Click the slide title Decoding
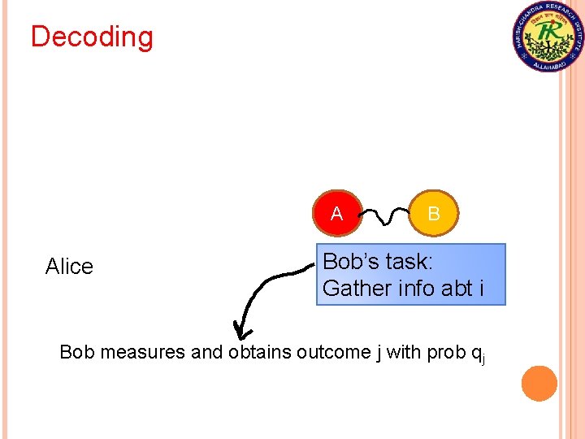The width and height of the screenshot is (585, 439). tap(92, 37)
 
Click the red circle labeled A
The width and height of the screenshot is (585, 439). tap(336, 214)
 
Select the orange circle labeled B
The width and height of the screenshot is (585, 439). tap(434, 214)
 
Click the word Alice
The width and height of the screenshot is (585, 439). tap(69, 267)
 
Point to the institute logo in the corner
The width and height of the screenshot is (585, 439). tap(548, 37)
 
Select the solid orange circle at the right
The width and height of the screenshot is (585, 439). tap(539, 383)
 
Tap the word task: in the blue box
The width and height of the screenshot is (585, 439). tap(410, 262)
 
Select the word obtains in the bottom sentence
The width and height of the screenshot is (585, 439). tap(260, 353)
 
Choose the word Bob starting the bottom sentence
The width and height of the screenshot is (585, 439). tap(77, 353)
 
